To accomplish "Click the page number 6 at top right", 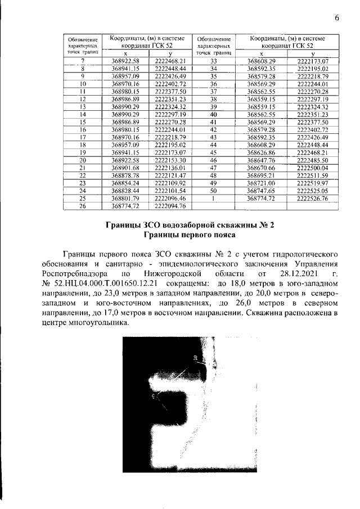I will [336, 17].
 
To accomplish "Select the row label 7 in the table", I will [83, 60].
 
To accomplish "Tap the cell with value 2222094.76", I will [169, 206].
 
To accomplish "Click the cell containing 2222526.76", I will [312, 199].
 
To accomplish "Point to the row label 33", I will [213, 60].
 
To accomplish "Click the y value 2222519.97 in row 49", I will [312, 183].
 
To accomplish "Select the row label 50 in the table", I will [213, 191].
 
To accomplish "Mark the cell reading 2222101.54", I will [169, 191].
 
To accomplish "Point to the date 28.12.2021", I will [298, 273].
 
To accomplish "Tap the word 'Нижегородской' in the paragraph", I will [175, 273].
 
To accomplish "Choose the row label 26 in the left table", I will [83, 206].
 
